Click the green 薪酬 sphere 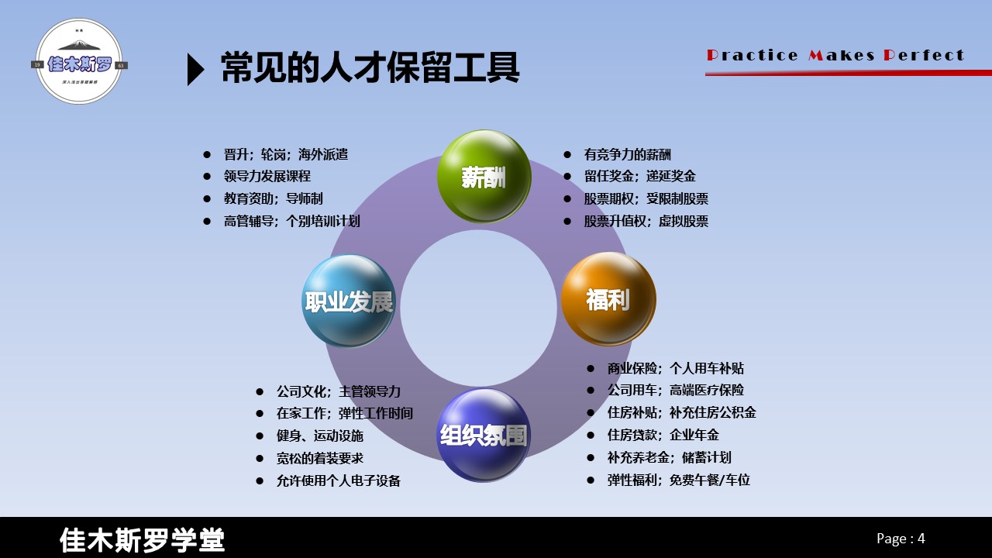[484, 177]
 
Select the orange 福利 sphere [608, 298]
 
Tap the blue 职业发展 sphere [349, 301]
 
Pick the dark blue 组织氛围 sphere [484, 435]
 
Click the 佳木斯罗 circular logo [80, 62]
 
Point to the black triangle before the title [196, 70]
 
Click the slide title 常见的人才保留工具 [370, 68]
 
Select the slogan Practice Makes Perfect [835, 55]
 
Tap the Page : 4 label [901, 539]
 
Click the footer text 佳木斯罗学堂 [142, 540]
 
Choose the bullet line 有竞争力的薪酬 [627, 155]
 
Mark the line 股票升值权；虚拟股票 [646, 222]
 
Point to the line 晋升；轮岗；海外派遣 [285, 155]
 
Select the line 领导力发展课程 [267, 177]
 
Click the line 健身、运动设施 [319, 436]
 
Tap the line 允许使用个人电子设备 [338, 481]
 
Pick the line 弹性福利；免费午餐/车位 [678, 480]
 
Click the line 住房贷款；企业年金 [663, 436]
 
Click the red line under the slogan [848, 74]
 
